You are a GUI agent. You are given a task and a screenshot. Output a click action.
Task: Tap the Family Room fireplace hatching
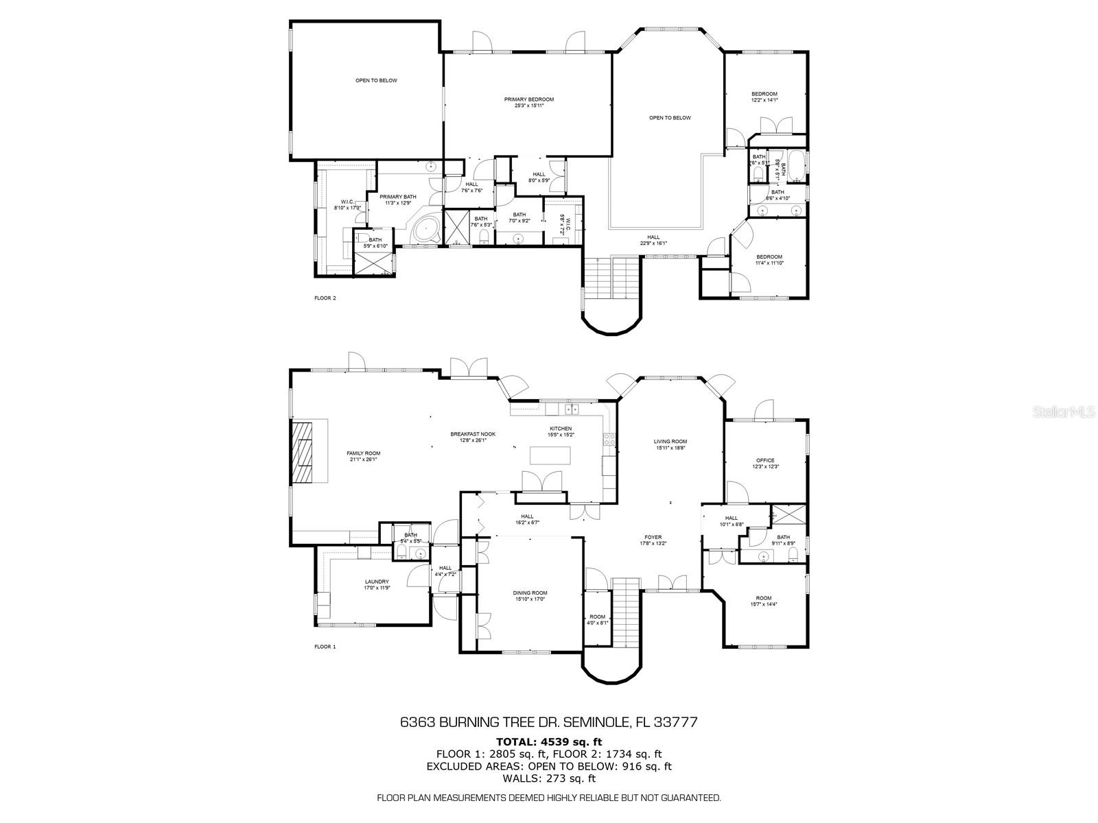301,453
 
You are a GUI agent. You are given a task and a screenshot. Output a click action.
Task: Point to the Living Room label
670,442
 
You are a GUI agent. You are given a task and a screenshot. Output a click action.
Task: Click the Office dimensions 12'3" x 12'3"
765,466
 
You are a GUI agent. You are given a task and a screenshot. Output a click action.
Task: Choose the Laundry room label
376,582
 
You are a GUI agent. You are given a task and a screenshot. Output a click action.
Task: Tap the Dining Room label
530,593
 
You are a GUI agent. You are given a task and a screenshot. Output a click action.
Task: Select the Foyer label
653,537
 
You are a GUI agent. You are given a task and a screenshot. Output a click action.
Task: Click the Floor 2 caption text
325,298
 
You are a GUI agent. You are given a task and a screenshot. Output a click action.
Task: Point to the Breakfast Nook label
473,434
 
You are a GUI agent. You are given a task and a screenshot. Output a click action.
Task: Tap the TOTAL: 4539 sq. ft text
549,741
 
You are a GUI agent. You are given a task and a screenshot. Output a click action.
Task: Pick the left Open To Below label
376,81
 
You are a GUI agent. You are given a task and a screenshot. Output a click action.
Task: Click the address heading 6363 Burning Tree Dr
549,722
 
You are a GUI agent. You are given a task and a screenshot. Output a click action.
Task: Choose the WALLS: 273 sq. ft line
549,778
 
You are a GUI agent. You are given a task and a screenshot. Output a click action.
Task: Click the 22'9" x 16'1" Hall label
653,237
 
